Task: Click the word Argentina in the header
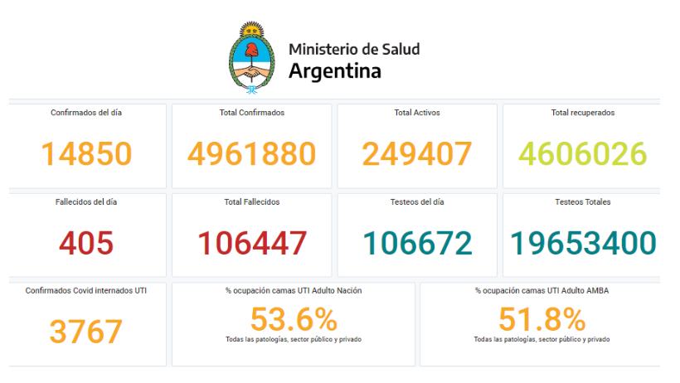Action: click(x=334, y=71)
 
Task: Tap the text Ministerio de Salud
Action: click(x=354, y=49)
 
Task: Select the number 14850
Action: click(x=86, y=153)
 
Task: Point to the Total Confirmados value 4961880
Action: click(x=251, y=153)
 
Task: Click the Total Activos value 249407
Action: click(x=416, y=153)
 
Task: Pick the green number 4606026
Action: click(x=582, y=153)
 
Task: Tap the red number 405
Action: click(x=86, y=243)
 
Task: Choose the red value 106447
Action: click(x=251, y=243)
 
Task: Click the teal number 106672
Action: click(x=416, y=243)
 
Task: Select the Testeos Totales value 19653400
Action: click(x=582, y=243)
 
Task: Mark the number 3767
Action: click(x=86, y=332)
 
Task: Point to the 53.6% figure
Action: click(x=293, y=319)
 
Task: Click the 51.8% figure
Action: click(x=542, y=319)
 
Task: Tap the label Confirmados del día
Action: click(x=86, y=112)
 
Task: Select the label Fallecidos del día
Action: click(x=86, y=201)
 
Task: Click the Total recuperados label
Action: click(x=582, y=112)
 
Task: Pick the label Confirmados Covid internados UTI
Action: click(x=86, y=291)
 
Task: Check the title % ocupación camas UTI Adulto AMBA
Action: click(x=542, y=291)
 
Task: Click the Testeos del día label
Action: click(x=416, y=201)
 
